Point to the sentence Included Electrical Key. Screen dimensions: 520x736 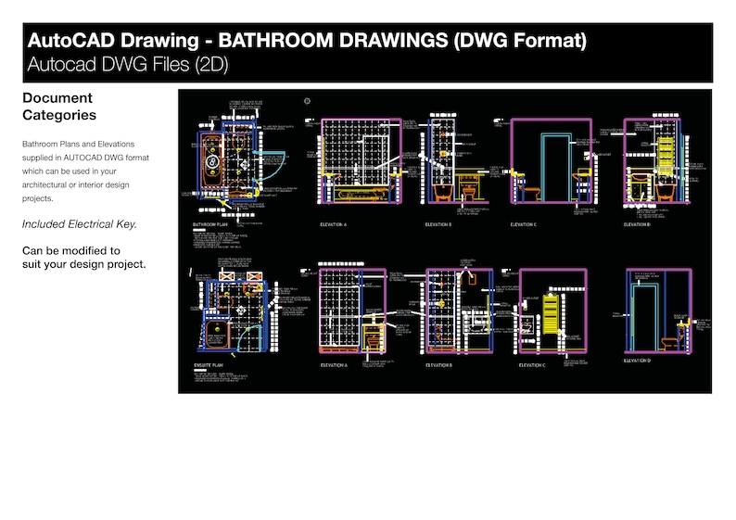[x=79, y=224]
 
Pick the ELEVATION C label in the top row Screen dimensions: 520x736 [x=523, y=224]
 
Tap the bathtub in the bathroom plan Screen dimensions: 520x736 [x=212, y=163]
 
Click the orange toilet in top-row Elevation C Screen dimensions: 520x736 [x=531, y=194]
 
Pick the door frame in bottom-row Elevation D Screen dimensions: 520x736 [x=644, y=315]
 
